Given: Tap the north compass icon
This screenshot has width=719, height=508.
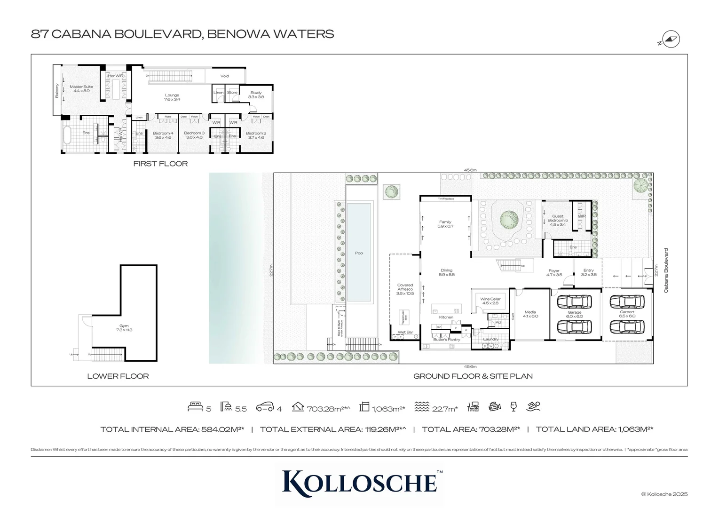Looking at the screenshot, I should (x=671, y=40).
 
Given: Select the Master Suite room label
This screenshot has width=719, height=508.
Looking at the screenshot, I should (x=81, y=88).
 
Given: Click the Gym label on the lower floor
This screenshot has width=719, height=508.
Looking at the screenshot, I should (x=124, y=328).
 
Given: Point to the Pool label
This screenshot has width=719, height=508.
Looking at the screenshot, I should (x=359, y=253).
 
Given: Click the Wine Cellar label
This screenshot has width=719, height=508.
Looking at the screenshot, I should (x=490, y=301).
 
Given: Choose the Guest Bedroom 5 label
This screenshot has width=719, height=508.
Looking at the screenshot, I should (x=558, y=220).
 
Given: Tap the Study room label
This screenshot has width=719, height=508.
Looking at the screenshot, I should (x=256, y=95).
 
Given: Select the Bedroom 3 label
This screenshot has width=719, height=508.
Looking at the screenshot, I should (x=194, y=135).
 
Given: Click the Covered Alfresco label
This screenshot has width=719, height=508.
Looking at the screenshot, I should (x=405, y=289).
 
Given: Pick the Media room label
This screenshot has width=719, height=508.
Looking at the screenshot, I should (x=530, y=314).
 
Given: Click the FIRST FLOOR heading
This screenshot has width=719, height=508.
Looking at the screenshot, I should (x=160, y=164).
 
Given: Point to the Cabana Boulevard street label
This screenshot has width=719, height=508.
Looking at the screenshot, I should (x=666, y=270).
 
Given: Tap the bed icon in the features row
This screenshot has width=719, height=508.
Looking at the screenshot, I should (x=195, y=407).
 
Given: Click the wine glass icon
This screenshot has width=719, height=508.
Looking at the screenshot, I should (x=514, y=406).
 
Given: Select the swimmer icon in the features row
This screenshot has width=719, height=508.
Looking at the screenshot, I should (x=534, y=406).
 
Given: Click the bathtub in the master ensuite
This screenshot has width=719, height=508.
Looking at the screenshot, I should (x=67, y=135).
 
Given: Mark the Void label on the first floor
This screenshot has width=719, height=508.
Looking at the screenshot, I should (x=225, y=76).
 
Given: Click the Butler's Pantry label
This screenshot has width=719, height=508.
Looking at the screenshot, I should (x=447, y=339).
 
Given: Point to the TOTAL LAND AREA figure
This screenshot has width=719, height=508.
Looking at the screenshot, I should (x=594, y=429).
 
